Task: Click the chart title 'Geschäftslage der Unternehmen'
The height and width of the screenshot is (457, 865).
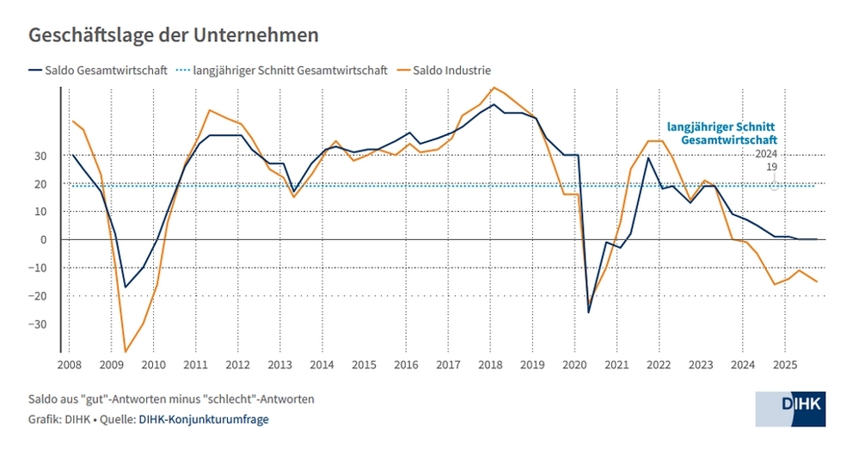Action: [175, 35]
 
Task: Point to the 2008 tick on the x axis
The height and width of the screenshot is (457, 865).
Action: [71, 365]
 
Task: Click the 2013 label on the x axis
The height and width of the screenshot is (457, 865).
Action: [280, 365]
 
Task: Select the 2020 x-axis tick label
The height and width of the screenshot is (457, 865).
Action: [574, 365]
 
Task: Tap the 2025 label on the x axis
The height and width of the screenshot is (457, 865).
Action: [783, 365]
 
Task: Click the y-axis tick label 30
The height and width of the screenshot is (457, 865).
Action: [41, 156]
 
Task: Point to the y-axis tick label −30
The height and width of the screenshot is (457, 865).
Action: [39, 324]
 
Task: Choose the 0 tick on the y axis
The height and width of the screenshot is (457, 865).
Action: [45, 240]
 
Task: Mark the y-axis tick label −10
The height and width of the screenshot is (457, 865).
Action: [39, 269]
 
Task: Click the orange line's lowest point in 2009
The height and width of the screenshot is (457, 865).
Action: [126, 351]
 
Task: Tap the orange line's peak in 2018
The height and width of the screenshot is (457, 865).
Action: [493, 88]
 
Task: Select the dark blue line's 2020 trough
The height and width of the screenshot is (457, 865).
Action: [589, 312]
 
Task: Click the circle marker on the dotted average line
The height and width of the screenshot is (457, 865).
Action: [775, 185]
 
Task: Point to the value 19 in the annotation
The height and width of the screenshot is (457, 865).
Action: [771, 167]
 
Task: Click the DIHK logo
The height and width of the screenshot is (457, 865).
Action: [789, 408]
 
